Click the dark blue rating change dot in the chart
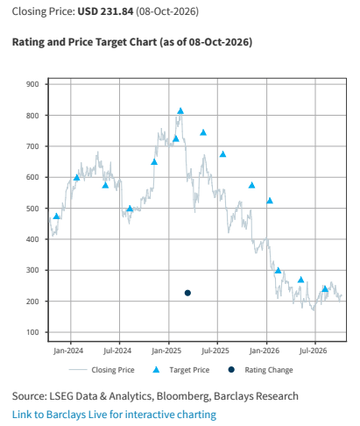point(187,293)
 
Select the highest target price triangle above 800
point(180,111)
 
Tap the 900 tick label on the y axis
point(32,84)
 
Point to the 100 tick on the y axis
point(32,332)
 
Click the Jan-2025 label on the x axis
point(166,351)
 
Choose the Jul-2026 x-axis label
point(313,351)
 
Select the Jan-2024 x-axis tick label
point(68,351)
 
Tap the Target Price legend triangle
point(156,370)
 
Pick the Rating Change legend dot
point(231,370)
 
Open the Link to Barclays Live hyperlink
point(114,415)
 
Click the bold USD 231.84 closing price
point(105,11)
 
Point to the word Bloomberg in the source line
point(183,396)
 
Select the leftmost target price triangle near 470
point(56,217)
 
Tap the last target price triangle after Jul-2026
point(325,289)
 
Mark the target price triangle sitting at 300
point(278,271)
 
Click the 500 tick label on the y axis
point(32,209)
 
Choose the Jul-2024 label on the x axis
point(117,351)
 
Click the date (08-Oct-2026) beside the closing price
point(167,11)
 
